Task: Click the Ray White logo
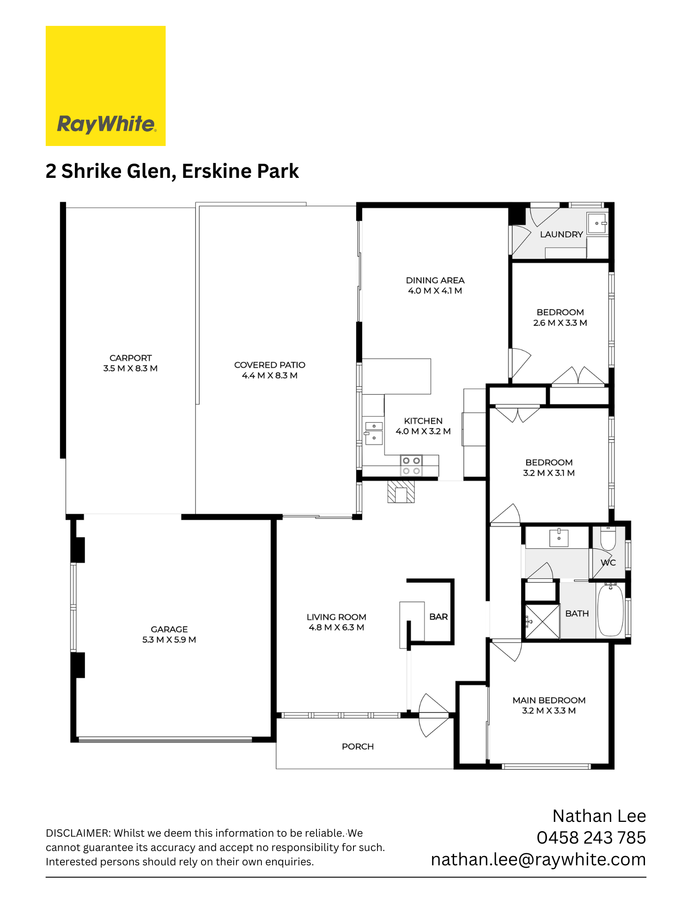point(106,86)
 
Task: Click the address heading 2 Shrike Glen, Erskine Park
point(172,171)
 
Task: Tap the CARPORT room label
point(131,358)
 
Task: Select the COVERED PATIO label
point(270,365)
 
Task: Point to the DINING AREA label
point(435,280)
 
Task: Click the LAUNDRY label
point(561,234)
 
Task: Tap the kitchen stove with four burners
point(411,466)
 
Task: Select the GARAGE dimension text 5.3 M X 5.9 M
point(169,640)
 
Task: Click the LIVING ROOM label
point(336,617)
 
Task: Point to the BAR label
point(438,617)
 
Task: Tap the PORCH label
point(358,747)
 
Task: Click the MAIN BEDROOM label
point(549,700)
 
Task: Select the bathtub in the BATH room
point(611,610)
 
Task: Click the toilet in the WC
point(608,538)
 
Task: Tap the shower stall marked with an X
point(542,621)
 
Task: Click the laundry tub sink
point(597,224)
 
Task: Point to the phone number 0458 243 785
point(591,838)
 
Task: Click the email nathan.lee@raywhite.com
point(539,859)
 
